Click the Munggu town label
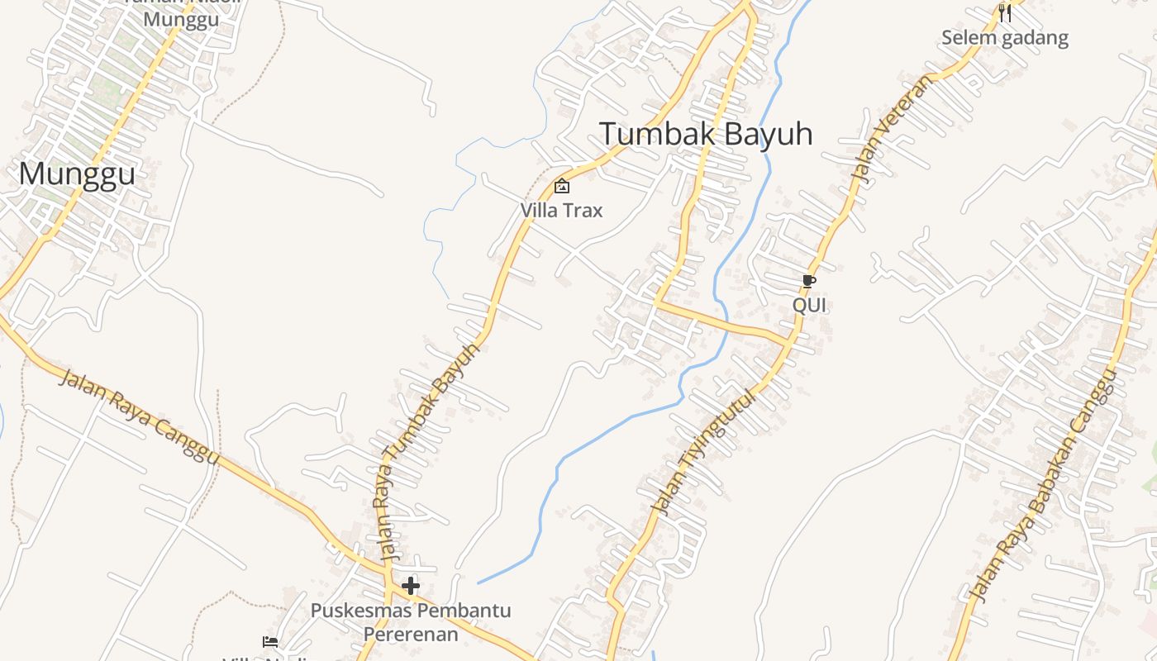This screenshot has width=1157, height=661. pos(77,174)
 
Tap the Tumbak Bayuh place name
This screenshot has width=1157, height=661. pos(706,134)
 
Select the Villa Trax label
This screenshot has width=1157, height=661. pos(561,211)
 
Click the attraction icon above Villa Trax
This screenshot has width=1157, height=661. pos(562,186)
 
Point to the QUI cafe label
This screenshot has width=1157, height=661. pos(809,305)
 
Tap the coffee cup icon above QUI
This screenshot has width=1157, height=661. pos(809,282)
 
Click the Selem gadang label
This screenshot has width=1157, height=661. pos(1005,38)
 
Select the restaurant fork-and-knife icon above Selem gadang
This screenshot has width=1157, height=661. pos(1005,12)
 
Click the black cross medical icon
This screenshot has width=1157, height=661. pos(411,586)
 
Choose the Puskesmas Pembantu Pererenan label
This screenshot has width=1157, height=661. pos(411,622)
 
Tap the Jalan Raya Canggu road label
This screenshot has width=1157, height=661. pos(140,417)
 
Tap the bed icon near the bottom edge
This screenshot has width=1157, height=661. pos(270,642)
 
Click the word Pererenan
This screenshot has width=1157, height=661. pos(411,635)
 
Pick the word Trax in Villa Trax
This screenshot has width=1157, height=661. pos(583,211)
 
